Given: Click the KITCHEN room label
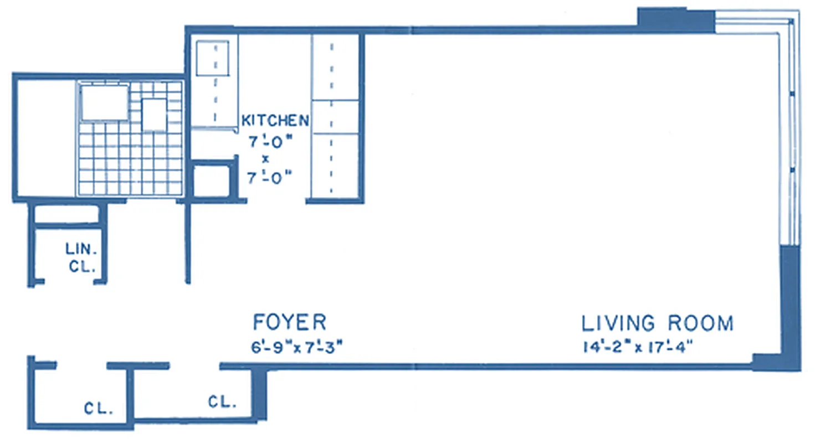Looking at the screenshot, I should tap(275, 120).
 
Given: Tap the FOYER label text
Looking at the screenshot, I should tap(289, 322).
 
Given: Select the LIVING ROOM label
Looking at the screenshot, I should tap(657, 323).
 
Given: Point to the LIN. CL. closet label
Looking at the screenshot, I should tap(82, 257).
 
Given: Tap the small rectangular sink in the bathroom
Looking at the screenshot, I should tap(154, 115).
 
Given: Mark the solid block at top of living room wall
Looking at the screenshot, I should tap(675, 20).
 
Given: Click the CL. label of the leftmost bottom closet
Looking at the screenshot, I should tap(99, 410).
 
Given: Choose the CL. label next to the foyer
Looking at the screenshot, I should tap(222, 402).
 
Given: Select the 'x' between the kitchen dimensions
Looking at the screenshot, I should tap(265, 158).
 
